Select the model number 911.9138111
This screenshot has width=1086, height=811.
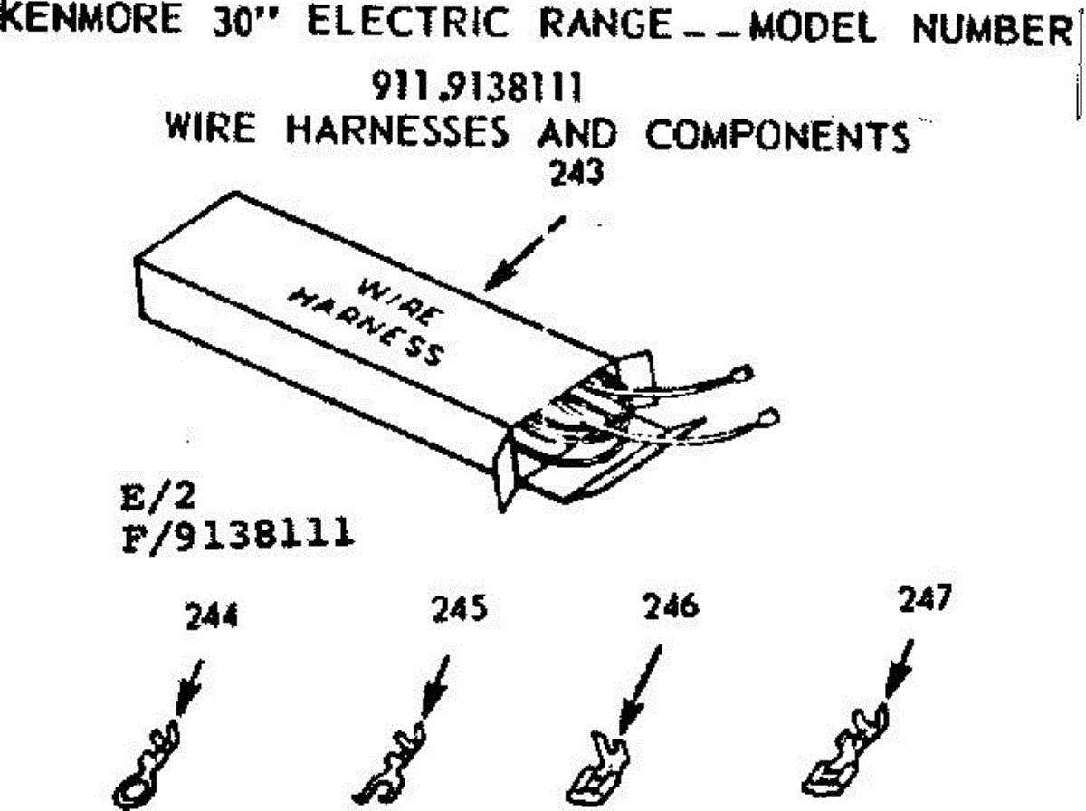[477, 89]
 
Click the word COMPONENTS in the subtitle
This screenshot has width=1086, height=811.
[777, 136]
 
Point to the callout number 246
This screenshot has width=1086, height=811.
[671, 606]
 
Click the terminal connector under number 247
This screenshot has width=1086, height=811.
[846, 750]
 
